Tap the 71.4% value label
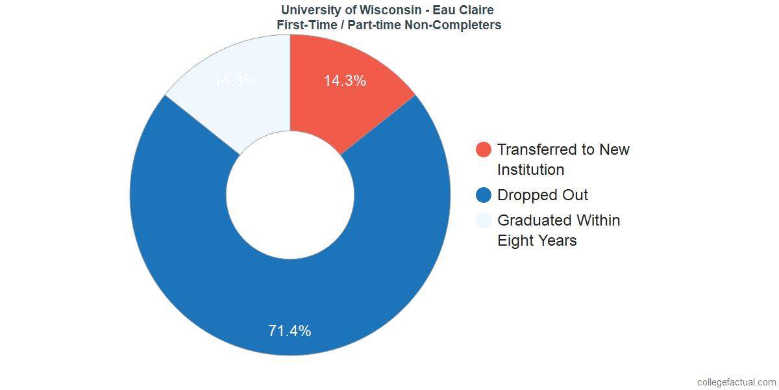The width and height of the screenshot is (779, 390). point(290,330)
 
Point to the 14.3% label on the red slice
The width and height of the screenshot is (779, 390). point(345,81)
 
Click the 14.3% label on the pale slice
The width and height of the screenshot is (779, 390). point(234,81)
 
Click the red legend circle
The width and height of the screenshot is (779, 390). point(484,149)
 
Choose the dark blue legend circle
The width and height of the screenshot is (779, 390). point(484,195)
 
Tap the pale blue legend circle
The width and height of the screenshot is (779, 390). point(484,220)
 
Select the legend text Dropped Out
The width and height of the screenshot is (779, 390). point(543,195)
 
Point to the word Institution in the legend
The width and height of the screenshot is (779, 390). point(530,170)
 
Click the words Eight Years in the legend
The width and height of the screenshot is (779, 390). point(537,240)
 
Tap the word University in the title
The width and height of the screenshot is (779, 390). point(312,10)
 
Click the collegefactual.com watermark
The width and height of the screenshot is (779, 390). point(736,382)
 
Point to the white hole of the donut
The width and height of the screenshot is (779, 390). point(290,195)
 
